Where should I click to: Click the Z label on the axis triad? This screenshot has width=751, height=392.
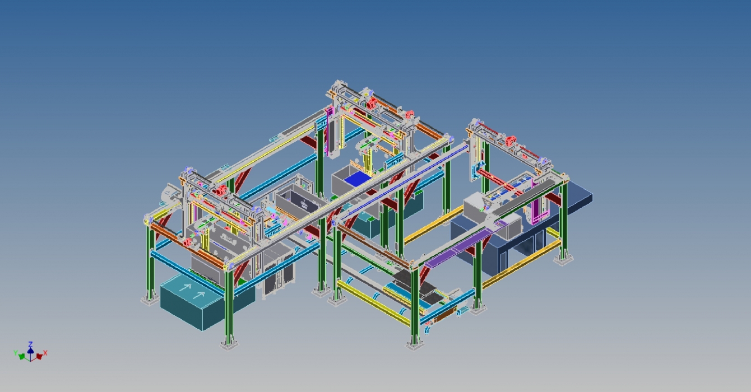30,344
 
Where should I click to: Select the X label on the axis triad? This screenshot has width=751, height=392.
45,353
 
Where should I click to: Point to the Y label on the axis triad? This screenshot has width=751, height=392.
16,353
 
